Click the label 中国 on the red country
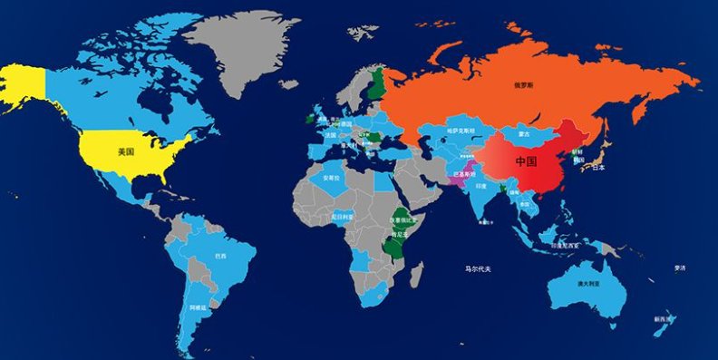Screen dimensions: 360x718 tap(526, 161)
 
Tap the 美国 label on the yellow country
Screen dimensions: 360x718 tap(126, 152)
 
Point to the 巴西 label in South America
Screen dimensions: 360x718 tap(221, 257)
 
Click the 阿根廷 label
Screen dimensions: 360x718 tap(199, 308)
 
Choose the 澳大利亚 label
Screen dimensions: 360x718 tap(585, 284)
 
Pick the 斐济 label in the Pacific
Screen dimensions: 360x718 tap(680, 268)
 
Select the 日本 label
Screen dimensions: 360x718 tap(598, 168)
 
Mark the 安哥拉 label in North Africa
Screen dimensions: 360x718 tap(332, 178)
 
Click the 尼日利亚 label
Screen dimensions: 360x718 tap(343, 218)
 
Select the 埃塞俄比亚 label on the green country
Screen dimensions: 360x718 tap(403, 220)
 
